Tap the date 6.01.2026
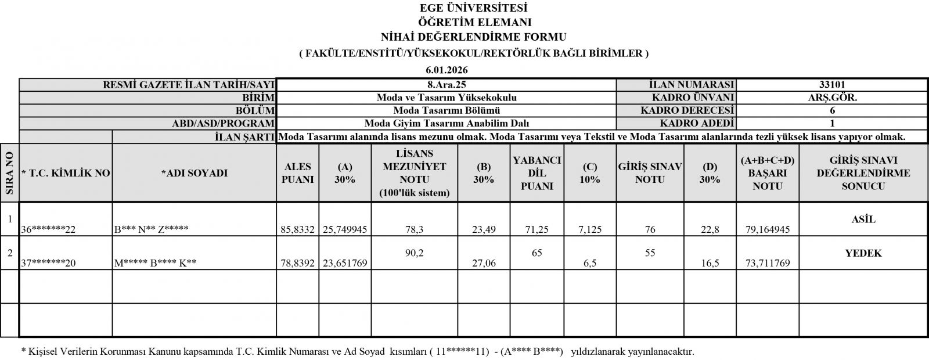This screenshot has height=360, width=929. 447,70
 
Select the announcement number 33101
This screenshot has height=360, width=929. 832,85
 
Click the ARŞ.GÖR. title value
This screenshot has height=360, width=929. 832,98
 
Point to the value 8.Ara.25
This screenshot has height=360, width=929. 447,85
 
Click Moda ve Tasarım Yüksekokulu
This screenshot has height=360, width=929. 447,98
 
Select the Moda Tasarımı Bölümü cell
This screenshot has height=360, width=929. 447,110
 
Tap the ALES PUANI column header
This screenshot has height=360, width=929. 297,173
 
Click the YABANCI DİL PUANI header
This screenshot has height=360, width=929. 537,173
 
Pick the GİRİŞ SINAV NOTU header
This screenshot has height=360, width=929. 650,173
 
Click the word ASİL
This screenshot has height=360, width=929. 863,219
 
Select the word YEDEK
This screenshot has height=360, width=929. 863,253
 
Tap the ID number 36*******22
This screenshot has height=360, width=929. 49,229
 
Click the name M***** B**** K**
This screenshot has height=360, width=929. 156,263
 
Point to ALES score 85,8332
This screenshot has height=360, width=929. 297,229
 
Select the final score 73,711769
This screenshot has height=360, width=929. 767,263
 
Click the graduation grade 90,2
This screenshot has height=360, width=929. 414,253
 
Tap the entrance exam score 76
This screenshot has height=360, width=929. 650,229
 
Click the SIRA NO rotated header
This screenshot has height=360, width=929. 9,173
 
